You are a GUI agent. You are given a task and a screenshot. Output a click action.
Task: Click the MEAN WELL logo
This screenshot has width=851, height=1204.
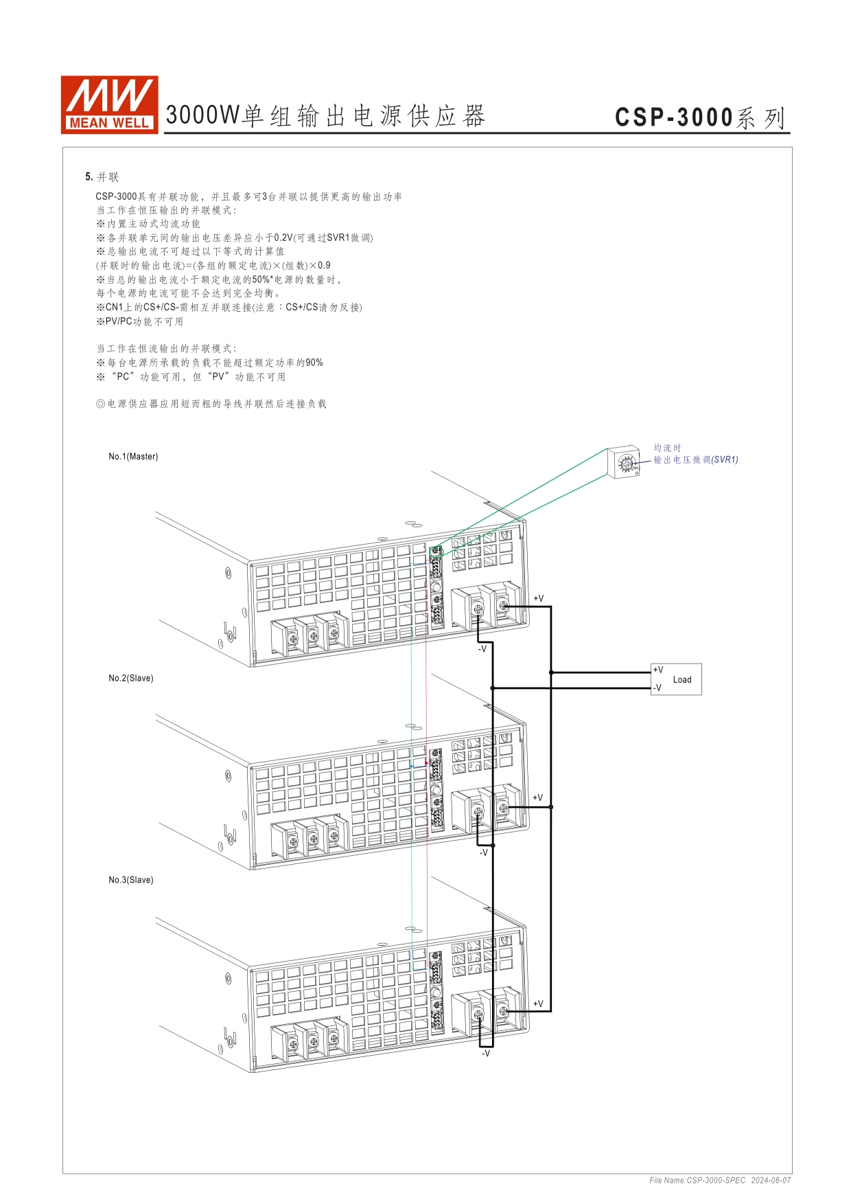click(x=110, y=104)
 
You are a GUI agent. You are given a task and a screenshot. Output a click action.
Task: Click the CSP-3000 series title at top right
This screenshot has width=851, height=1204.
click(x=700, y=117)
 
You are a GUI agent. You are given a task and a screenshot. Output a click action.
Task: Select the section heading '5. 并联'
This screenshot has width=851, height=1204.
click(x=102, y=177)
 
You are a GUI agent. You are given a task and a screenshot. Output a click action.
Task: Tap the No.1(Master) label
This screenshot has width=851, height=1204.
click(x=133, y=457)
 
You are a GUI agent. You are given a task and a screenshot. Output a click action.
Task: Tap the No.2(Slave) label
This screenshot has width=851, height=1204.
click(x=131, y=679)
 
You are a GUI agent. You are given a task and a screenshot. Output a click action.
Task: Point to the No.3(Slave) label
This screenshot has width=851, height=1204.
click(x=131, y=881)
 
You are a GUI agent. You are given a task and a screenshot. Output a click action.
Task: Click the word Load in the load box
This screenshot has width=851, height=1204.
click(x=682, y=680)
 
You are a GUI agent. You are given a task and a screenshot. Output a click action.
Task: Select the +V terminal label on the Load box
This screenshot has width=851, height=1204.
click(x=658, y=670)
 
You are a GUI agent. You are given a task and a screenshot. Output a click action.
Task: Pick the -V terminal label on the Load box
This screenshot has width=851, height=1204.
click(x=657, y=688)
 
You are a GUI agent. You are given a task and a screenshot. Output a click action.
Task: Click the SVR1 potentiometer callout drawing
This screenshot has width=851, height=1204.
click(x=625, y=463)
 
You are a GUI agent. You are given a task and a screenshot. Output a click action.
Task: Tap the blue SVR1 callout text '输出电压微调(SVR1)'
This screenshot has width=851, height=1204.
click(x=695, y=460)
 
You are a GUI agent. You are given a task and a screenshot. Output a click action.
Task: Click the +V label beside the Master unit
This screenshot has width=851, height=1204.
click(x=539, y=599)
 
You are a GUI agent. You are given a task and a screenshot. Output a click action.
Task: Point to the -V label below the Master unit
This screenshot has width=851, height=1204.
click(x=482, y=649)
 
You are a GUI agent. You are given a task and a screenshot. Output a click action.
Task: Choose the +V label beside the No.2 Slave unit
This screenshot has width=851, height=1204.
click(x=538, y=798)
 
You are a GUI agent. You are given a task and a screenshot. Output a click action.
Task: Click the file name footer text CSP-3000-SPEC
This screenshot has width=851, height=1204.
click(x=697, y=1181)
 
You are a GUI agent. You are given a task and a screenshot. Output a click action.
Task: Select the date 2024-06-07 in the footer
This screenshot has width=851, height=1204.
click(x=771, y=1181)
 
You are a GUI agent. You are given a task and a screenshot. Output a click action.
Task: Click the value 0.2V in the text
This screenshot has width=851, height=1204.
click(x=283, y=238)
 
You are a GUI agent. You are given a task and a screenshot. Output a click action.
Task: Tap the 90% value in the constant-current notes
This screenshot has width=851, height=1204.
click(x=314, y=363)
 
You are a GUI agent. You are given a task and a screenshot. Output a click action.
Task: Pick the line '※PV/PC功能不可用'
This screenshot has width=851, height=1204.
click(x=140, y=321)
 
